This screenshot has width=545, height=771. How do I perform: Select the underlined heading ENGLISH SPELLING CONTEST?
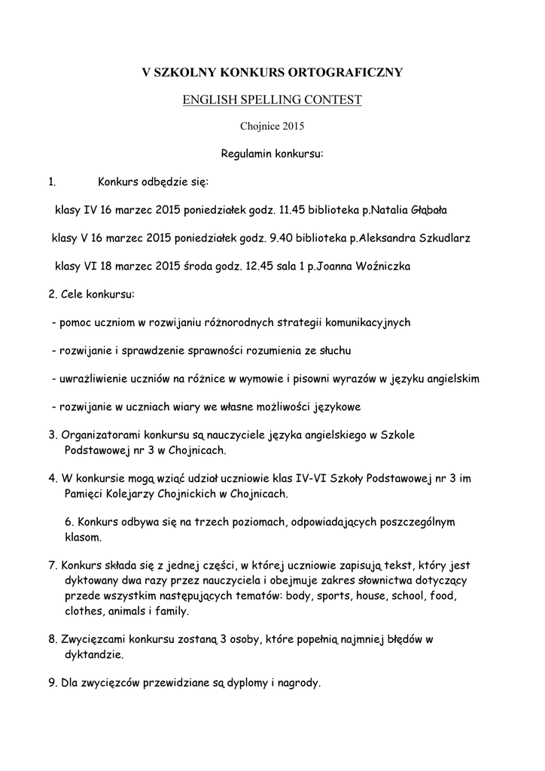272,100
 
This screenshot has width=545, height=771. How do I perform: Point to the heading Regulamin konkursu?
272,154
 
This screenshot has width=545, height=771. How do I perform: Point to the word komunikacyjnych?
367,322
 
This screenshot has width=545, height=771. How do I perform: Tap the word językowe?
336,407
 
